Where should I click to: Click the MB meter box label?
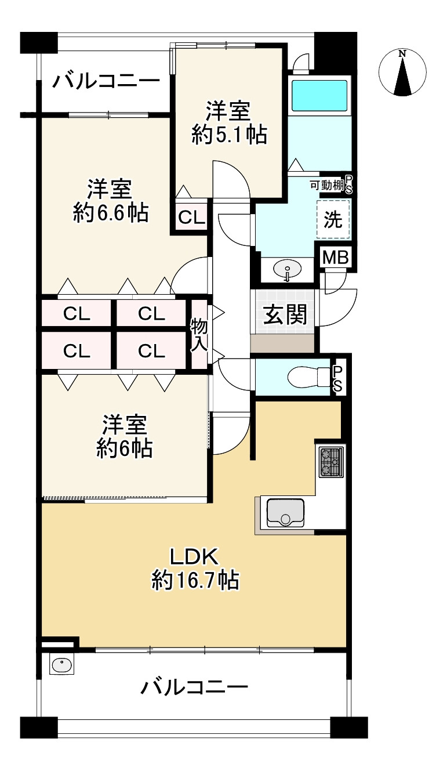[x=335, y=258]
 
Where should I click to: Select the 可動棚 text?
[x=327, y=186]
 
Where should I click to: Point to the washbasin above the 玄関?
[x=287, y=270]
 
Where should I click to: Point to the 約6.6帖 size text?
[x=110, y=213]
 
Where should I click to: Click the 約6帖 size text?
[x=124, y=448]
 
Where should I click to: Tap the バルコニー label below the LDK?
[x=195, y=688]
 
